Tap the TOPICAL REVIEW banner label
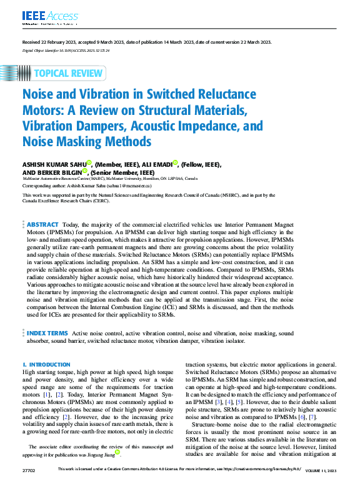(69, 73)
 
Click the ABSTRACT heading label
(42, 224)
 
